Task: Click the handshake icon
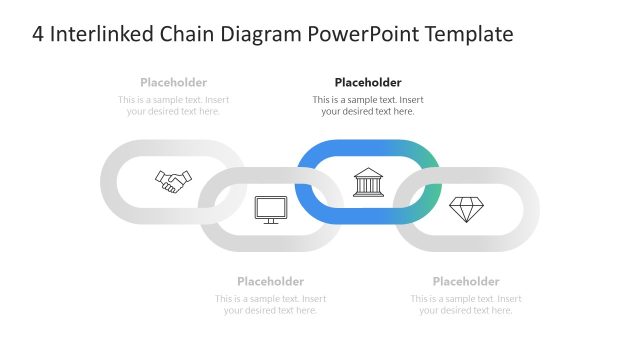173,181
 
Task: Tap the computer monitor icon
271,209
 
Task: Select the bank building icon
368,182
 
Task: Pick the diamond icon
466,209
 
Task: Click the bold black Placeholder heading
368,82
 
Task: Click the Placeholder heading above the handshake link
173,82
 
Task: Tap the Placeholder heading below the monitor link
270,281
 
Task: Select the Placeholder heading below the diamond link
466,281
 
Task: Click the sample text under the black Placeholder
368,105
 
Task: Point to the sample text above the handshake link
173,105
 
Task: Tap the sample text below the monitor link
270,304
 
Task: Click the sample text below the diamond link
466,304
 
